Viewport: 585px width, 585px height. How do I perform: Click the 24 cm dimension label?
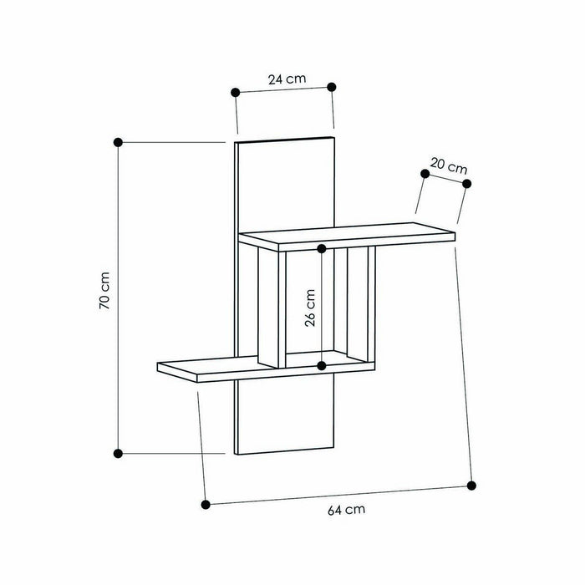pyautogui.click(x=287, y=79)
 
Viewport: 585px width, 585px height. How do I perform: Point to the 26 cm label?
pyautogui.click(x=310, y=308)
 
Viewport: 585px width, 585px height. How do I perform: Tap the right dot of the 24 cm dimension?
pyautogui.click(x=332, y=87)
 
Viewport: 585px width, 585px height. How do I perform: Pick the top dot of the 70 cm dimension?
pyautogui.click(x=119, y=142)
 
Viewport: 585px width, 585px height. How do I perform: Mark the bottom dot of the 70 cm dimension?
pyautogui.click(x=119, y=453)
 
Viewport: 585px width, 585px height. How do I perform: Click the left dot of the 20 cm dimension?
pyautogui.click(x=425, y=172)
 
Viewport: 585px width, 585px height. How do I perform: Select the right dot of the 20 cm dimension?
pyautogui.click(x=467, y=183)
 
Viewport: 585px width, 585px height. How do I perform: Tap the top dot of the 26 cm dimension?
pyautogui.click(x=323, y=248)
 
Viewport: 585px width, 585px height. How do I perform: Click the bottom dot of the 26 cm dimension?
pyautogui.click(x=323, y=365)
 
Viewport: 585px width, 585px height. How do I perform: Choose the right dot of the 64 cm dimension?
pyautogui.click(x=472, y=485)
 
